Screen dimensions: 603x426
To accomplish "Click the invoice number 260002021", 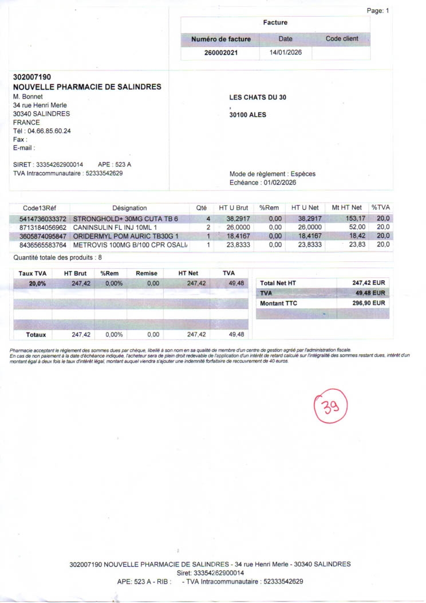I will pos(220,53).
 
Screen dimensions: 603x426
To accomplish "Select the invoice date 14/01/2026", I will pos(285,53).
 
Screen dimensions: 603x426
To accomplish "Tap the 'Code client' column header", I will pos(342,38).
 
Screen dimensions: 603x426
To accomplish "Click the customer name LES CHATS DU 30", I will pos(258,97).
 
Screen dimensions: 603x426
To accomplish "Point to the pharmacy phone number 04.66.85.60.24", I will pos(50,131).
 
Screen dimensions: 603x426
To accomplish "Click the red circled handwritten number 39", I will pos(331,408).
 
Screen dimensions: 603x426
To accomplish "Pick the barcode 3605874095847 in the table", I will pos(43,236).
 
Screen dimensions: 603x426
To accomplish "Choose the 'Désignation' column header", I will pos(129,208).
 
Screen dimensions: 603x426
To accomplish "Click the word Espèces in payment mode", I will pos(303,174).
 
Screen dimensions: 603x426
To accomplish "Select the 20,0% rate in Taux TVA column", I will pos(38,283).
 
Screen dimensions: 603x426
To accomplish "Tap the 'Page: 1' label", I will pos(377,11).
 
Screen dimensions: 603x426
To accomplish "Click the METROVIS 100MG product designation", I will pos(131,245).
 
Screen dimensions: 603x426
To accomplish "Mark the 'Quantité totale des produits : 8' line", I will pos(57,257).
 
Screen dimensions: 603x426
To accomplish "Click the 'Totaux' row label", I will pos(36,334).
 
